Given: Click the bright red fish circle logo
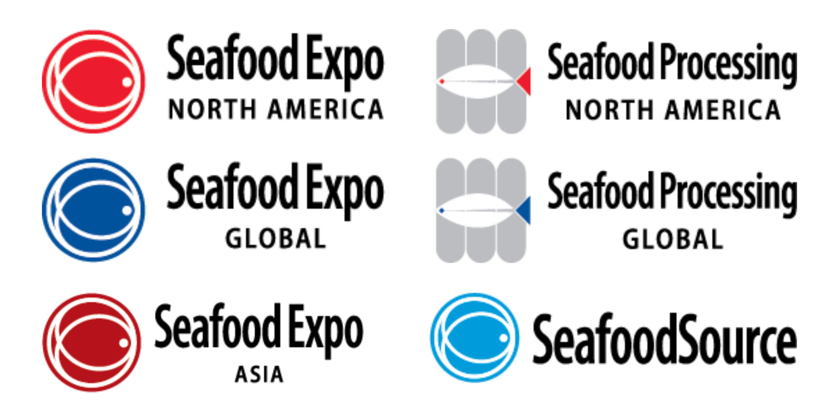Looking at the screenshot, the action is pos(94,81).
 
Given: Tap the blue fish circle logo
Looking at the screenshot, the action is pos(94,210).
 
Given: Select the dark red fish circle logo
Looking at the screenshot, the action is pos(92,342).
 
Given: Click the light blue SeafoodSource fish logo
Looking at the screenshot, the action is pos(474,337).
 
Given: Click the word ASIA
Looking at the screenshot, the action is pos(259,375).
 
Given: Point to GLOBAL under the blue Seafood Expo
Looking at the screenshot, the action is pos(276,239).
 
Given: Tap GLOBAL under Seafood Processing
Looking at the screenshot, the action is pos(673,240).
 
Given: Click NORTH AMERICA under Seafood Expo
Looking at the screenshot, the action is pos(276,109).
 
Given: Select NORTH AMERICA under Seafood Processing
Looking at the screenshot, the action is pos(673,110).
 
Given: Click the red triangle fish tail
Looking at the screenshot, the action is pos(524,81).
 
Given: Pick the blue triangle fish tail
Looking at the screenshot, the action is pos(524,210).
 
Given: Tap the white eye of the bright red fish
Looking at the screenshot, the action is pos(127,82).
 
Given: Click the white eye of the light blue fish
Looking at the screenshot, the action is pos(504,338).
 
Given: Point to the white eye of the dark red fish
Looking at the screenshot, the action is pos(124,343).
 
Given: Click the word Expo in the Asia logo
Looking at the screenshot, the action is pos(327,331).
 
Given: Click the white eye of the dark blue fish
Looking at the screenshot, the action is pos(127,210).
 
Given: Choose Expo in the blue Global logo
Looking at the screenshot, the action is pos(344,191).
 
